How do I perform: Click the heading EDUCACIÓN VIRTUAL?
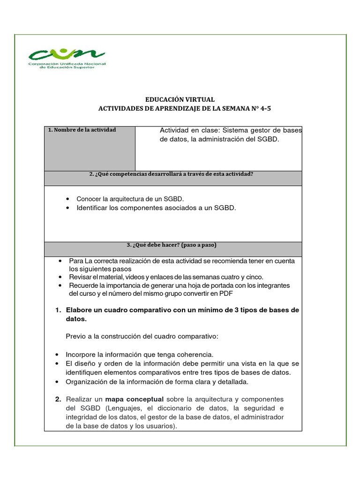pyautogui.click(x=180, y=99)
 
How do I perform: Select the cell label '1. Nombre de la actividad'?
pyautogui.click(x=82, y=130)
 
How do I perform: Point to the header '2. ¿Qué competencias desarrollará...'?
pyautogui.click(x=171, y=174)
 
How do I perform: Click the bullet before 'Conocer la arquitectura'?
pyautogui.click(x=68, y=199)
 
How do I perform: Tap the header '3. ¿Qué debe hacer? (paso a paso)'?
pyautogui.click(x=172, y=245)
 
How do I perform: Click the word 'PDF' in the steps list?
pyautogui.click(x=226, y=293)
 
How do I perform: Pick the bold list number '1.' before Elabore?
pyautogui.click(x=58, y=310)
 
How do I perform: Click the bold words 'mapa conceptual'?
pyautogui.click(x=134, y=399)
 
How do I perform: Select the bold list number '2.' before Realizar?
pyautogui.click(x=58, y=399)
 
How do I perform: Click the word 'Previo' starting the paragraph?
pyautogui.click(x=75, y=337)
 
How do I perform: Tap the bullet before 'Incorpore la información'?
pyautogui.click(x=57, y=354)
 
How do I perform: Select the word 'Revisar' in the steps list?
pyautogui.click(x=80, y=277)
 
